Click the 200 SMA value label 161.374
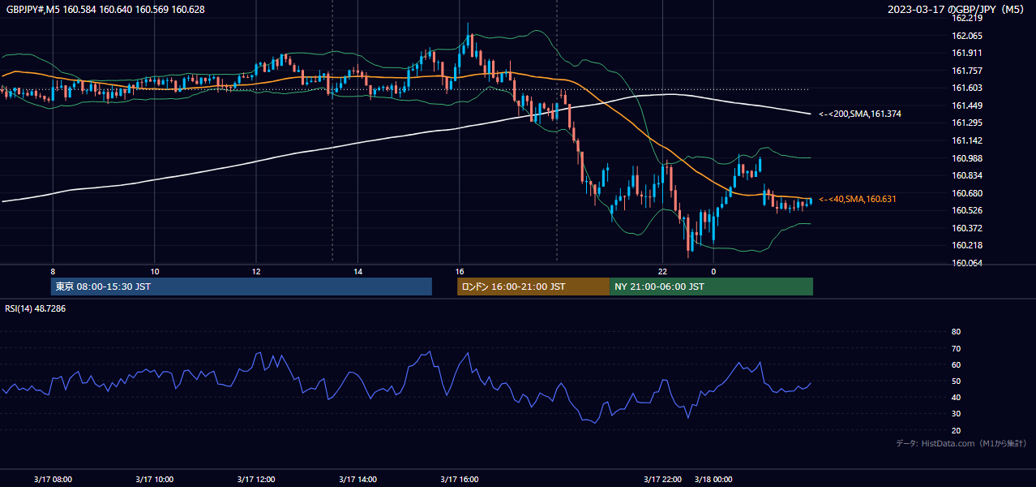click(x=860, y=114)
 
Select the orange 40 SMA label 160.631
click(x=858, y=199)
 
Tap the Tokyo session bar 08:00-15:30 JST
click(x=241, y=287)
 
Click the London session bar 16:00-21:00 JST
click(x=533, y=287)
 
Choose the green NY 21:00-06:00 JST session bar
click(x=711, y=287)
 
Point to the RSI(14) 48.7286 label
click(x=35, y=308)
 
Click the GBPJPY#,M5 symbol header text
click(x=33, y=10)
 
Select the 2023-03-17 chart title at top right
click(x=956, y=9)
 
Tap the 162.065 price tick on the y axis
click(x=966, y=36)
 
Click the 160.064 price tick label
click(x=966, y=263)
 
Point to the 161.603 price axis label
click(x=966, y=88)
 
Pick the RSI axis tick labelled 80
click(x=956, y=331)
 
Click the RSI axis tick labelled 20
click(x=956, y=430)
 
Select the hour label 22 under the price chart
click(x=663, y=272)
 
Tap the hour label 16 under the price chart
click(x=460, y=272)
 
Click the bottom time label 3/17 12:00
click(x=256, y=480)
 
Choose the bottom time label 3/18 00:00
click(x=713, y=480)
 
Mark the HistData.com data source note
click(x=961, y=443)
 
